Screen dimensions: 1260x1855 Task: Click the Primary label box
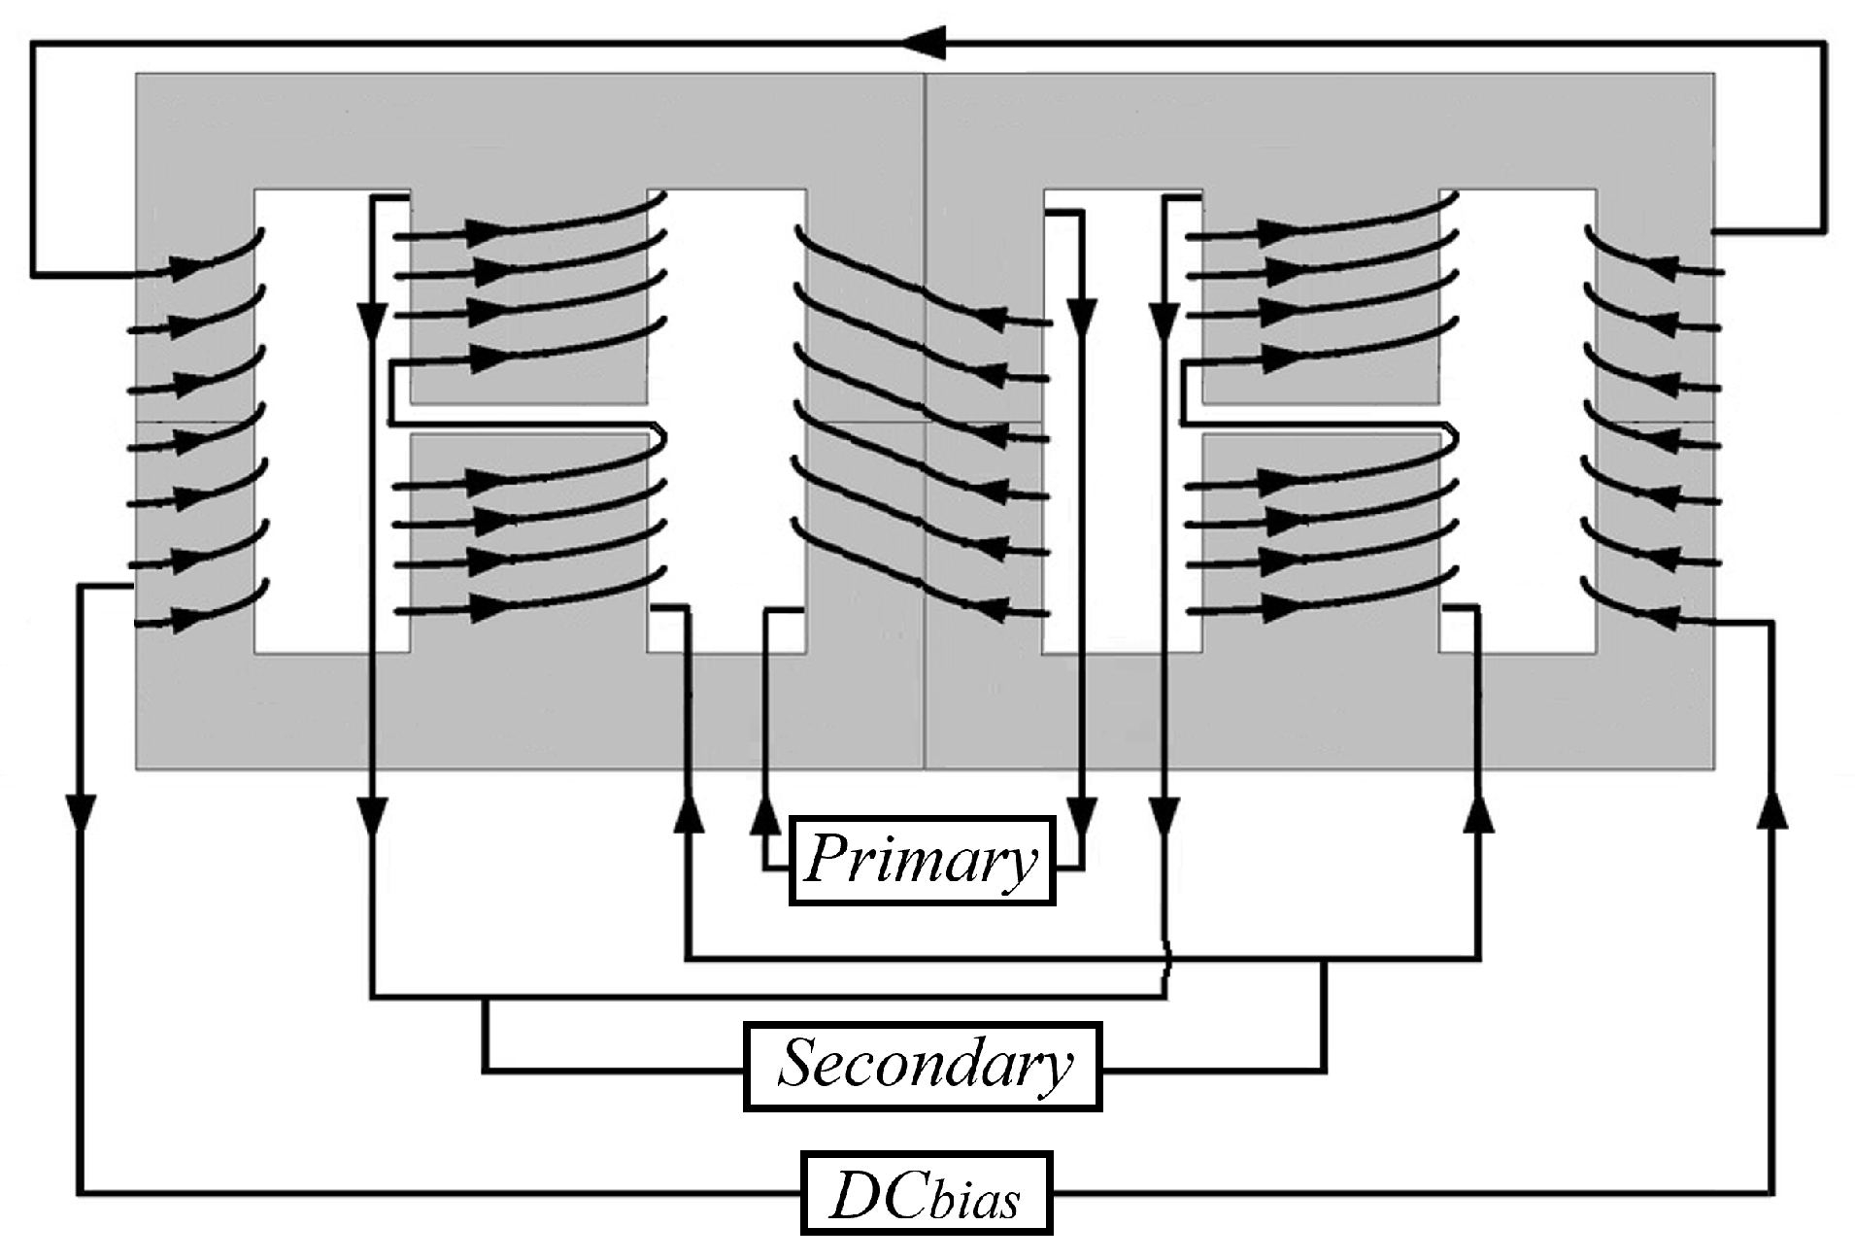[922, 861]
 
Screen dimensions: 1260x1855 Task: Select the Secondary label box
[923, 1065]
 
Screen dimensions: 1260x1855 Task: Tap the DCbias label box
[926, 1192]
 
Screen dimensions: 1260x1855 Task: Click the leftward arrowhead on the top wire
[923, 42]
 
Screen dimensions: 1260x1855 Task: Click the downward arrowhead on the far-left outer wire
[81, 811]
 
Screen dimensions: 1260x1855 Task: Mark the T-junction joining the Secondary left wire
[485, 997]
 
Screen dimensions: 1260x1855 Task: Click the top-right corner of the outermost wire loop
[1824, 43]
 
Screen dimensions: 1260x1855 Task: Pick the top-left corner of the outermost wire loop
[32, 43]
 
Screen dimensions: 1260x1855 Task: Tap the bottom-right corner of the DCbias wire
[1772, 1192]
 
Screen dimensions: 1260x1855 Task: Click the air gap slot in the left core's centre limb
[529, 419]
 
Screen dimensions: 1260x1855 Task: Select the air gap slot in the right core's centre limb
[1321, 419]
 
